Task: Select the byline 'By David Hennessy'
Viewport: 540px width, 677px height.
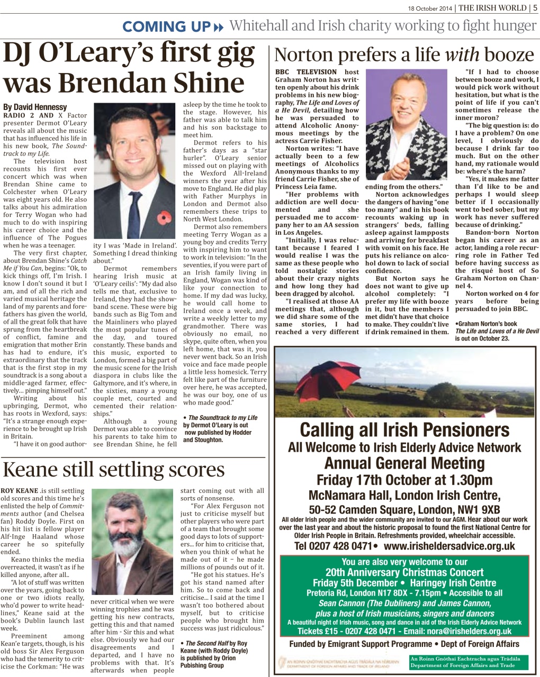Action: (x=35, y=107)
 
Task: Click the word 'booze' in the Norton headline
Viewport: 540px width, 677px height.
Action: (x=508, y=54)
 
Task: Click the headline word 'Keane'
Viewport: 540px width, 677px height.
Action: (x=38, y=470)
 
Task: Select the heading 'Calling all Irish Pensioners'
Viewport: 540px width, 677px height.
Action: (x=404, y=429)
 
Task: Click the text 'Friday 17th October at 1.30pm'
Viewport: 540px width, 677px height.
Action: (x=404, y=480)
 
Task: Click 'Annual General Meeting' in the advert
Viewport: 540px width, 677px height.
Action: (x=404, y=463)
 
